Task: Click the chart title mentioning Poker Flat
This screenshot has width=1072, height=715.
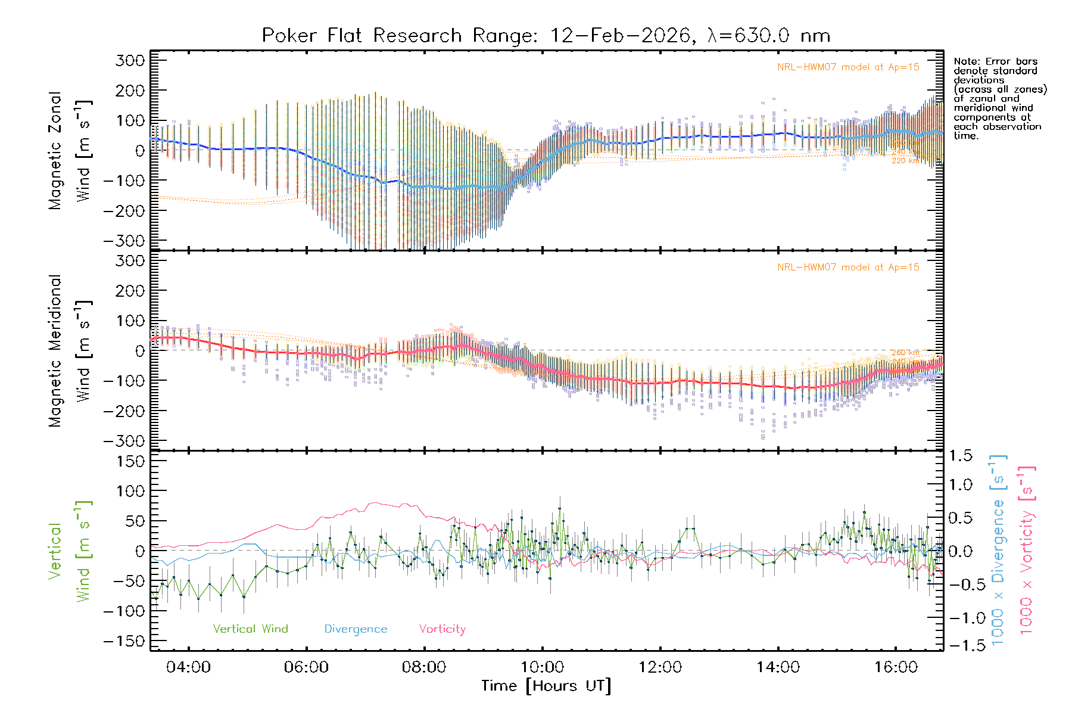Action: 546,36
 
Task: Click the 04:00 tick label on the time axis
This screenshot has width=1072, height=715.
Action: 188,667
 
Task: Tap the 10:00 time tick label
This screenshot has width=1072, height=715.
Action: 542,667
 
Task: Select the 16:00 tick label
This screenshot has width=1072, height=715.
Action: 896,667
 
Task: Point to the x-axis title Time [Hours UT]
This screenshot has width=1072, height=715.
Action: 546,686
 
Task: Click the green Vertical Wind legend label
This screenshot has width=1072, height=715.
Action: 250,629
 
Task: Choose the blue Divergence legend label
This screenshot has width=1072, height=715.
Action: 356,629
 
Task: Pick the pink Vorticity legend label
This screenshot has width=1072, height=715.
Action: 442,629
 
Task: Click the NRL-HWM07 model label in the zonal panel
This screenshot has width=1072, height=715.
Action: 848,67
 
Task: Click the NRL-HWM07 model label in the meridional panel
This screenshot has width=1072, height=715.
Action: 848,268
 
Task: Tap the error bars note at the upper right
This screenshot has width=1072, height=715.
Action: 999,98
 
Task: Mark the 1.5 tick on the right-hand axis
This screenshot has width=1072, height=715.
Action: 960,456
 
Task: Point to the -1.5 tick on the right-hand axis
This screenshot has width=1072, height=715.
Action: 960,645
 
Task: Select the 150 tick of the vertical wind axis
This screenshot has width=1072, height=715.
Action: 131,461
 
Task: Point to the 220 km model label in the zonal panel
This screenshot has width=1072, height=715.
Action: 905,161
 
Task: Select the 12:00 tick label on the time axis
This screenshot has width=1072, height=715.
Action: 660,667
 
